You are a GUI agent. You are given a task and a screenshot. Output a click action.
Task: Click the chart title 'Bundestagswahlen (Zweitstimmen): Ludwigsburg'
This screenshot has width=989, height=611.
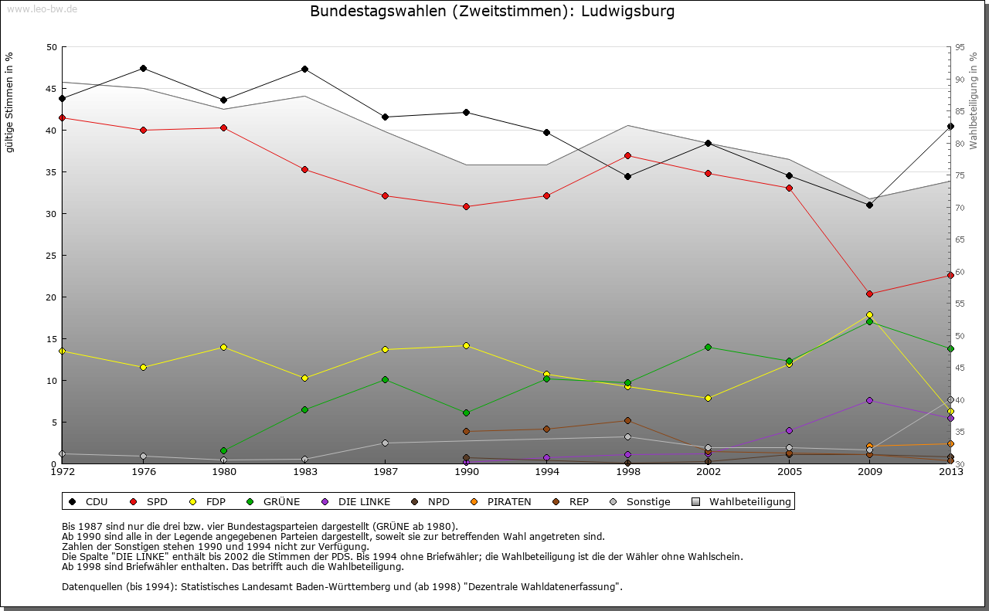(491, 12)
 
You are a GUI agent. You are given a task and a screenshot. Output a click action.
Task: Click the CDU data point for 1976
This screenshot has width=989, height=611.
(143, 68)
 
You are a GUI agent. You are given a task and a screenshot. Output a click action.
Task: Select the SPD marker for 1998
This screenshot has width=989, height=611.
(627, 155)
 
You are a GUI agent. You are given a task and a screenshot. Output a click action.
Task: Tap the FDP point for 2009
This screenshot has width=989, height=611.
(869, 314)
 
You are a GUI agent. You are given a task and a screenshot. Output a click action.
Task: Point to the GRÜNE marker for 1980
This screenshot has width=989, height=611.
(223, 450)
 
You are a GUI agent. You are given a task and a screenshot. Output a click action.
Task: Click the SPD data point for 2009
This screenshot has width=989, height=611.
(869, 294)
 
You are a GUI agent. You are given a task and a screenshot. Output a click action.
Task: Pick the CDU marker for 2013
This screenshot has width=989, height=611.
(950, 126)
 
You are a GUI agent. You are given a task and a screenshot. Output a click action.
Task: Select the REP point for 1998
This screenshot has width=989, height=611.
(627, 420)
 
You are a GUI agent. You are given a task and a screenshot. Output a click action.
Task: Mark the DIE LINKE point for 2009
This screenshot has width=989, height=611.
(869, 400)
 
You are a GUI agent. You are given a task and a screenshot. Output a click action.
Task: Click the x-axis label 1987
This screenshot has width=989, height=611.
(385, 471)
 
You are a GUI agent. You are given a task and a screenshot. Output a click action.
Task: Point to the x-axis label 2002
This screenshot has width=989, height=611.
(708, 471)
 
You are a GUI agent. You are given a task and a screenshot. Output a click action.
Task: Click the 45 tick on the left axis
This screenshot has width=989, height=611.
(52, 89)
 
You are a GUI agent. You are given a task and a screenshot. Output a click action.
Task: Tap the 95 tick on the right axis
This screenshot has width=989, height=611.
(960, 47)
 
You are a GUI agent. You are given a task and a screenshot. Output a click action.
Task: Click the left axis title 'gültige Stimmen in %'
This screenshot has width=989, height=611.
(10, 102)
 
